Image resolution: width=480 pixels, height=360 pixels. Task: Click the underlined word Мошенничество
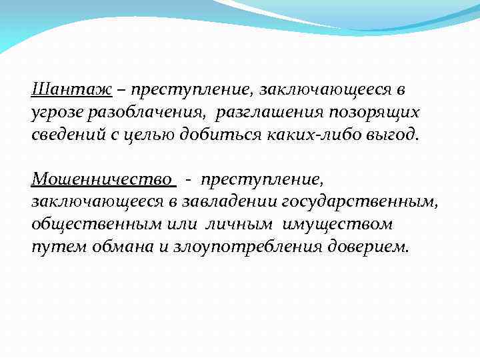102,179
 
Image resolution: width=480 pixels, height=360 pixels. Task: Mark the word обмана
122,247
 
